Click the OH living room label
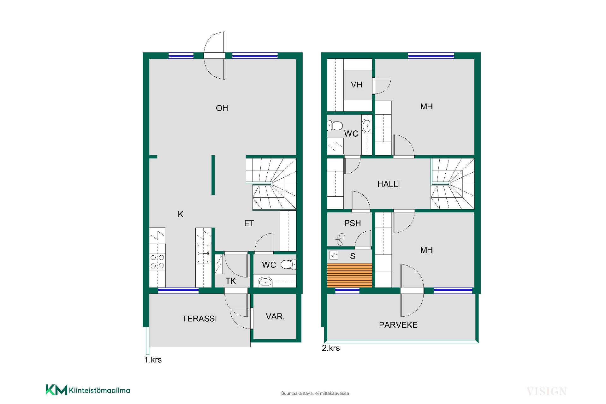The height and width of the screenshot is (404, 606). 222,108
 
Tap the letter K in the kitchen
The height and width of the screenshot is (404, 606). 181,214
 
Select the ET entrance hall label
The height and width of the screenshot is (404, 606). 249,224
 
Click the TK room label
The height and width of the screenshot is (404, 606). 231,281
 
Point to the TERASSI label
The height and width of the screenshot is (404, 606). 199,319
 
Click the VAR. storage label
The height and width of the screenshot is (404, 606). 275,317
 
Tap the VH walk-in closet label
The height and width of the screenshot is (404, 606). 356,85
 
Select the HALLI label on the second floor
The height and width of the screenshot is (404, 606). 389,184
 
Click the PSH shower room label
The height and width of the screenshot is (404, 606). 353,223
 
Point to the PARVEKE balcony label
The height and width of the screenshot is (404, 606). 398,325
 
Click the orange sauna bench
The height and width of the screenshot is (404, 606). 350,275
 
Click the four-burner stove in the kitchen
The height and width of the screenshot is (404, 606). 157,262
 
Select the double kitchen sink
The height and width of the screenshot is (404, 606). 203,253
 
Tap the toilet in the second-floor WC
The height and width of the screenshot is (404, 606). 335,126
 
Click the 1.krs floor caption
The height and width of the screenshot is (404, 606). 153,360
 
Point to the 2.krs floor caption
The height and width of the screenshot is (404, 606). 331,348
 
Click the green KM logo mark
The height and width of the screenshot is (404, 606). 56,390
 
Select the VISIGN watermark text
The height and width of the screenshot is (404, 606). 546,391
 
